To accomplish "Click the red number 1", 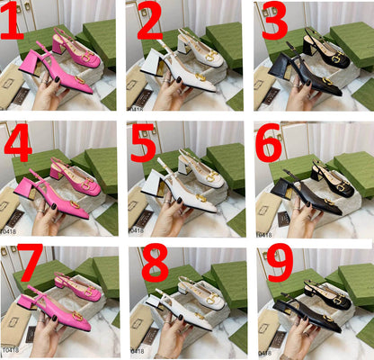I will pos(12,24).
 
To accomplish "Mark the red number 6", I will pos(270,145).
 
